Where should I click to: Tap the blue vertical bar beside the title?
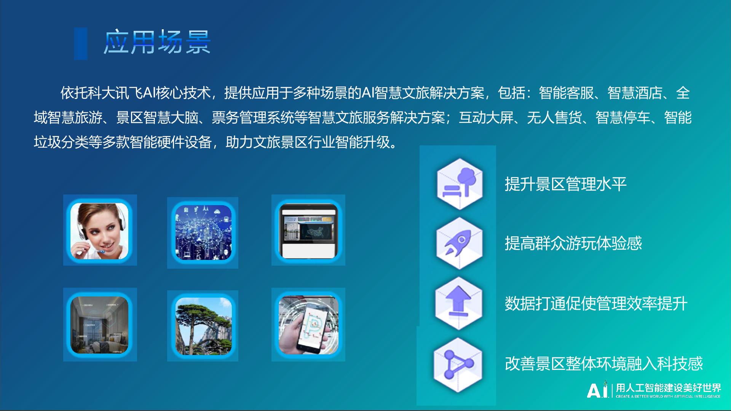point(81,43)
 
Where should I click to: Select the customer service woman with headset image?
point(100,230)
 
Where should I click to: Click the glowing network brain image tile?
point(203,233)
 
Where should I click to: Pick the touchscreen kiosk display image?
point(308,230)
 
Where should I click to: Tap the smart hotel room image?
point(100,325)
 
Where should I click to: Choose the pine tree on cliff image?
point(203,326)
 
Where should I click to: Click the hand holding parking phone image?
point(308,325)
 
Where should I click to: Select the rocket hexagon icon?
point(460,243)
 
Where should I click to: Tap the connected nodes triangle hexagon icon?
point(458,364)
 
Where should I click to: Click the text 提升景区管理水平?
point(566,184)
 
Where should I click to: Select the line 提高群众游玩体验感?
point(573,244)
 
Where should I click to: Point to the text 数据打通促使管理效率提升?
point(596,304)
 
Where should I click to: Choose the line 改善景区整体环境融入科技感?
point(604,364)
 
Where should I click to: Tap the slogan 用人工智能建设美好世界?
point(669,388)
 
